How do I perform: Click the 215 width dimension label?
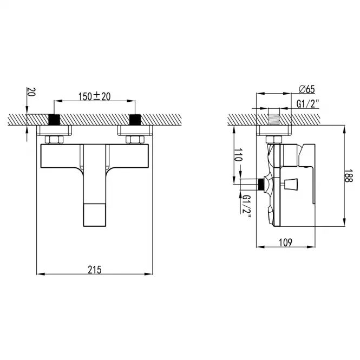click(95, 270)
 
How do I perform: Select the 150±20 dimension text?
click(94, 96)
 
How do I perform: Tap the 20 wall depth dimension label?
click(31, 92)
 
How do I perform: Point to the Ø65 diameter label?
click(307, 89)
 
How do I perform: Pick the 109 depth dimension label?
click(286, 243)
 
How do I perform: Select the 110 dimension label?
click(238, 155)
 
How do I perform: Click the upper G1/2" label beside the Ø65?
click(307, 103)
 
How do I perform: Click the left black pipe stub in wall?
click(54, 120)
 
